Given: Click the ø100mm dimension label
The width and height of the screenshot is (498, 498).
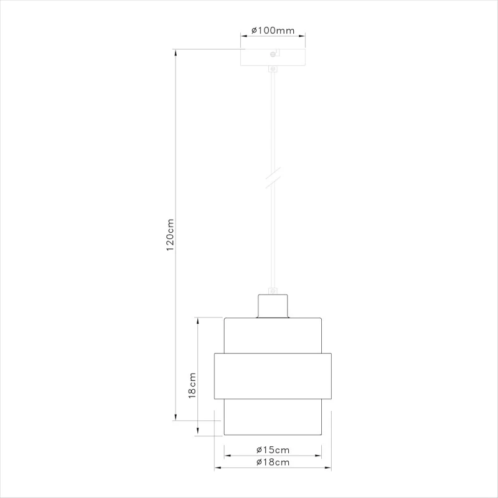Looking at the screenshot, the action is tap(273, 31).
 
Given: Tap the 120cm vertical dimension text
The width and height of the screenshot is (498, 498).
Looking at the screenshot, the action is tap(170, 235).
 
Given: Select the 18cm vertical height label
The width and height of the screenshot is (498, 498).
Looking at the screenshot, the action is tap(192, 385).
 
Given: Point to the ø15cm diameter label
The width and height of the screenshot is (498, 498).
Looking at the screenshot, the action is tap(273, 450).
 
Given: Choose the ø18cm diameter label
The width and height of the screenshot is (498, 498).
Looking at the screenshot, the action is tap(273, 462).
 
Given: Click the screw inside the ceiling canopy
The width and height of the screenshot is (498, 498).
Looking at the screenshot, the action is tap(273, 54).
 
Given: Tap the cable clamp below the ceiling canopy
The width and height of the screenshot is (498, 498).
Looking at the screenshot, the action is tap(273, 68).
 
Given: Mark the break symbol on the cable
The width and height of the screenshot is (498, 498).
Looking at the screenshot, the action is tap(273, 177).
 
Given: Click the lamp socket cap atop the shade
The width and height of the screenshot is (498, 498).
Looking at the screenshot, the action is tap(273, 306).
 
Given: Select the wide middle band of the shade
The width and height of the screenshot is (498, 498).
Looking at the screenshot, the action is tap(273, 376).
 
